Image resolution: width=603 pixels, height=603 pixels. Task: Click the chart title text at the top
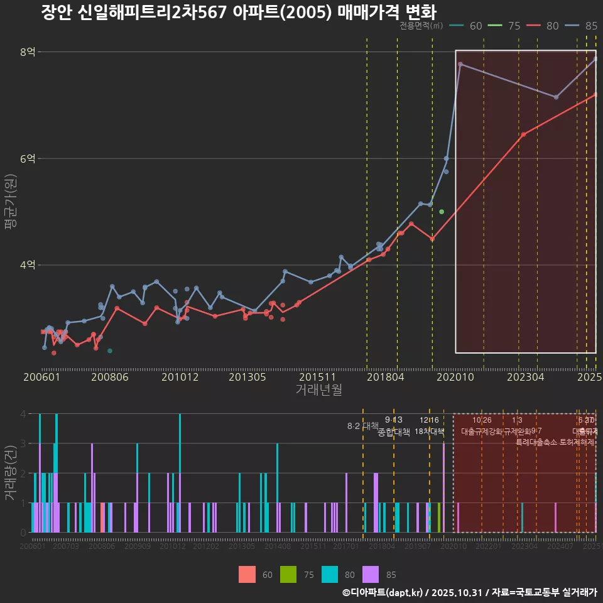pyautogui.click(x=238, y=13)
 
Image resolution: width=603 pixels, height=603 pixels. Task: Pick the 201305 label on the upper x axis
pyautogui.click(x=246, y=378)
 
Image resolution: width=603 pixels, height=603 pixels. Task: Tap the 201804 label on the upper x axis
pyautogui.click(x=384, y=378)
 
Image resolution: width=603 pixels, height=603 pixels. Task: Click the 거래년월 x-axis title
pyautogui.click(x=318, y=390)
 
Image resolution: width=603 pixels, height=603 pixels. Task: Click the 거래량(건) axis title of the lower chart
pyautogui.click(x=11, y=473)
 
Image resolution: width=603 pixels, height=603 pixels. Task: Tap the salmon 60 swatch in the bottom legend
pyautogui.click(x=247, y=574)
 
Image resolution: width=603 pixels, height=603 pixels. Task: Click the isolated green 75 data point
pyautogui.click(x=442, y=212)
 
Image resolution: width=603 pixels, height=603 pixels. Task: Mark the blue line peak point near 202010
pyautogui.click(x=460, y=64)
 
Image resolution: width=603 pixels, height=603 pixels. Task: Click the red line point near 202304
pyautogui.click(x=523, y=134)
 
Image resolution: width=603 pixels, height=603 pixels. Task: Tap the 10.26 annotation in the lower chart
pyautogui.click(x=482, y=420)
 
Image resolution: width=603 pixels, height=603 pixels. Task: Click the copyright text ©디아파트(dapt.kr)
pyautogui.click(x=384, y=592)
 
